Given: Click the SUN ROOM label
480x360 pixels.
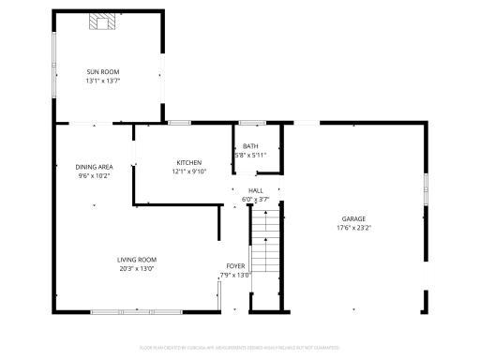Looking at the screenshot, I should [x=102, y=72].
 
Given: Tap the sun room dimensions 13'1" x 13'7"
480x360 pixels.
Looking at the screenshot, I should [x=102, y=81].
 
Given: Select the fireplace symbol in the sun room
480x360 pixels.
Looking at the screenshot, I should [x=99, y=22].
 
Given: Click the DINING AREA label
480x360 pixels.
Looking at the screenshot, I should [x=94, y=167].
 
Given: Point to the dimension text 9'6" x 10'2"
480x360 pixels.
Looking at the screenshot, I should [x=94, y=175].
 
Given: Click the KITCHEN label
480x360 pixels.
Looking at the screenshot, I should [x=188, y=162].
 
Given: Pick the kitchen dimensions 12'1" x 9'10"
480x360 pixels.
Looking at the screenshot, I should [x=188, y=171].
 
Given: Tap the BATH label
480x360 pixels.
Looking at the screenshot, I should [x=250, y=146].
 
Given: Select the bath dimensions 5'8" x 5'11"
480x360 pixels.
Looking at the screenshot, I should [x=250, y=155].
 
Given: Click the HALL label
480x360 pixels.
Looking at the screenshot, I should [x=256, y=190].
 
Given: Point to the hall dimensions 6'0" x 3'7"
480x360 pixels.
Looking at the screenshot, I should [x=256, y=199].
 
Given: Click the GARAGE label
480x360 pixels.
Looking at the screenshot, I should [x=353, y=218].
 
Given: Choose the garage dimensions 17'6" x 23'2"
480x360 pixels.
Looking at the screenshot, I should [x=353, y=227].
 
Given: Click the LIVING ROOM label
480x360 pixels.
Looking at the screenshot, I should [x=137, y=260].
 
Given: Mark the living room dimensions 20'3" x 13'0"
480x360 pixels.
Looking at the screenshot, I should [x=137, y=268].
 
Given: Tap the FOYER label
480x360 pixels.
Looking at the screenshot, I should [x=235, y=266].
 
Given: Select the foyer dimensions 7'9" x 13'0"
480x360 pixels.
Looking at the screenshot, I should [x=235, y=275].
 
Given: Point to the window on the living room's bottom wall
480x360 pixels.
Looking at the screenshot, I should [x=137, y=310].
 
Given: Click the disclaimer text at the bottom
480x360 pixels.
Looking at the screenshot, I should [x=240, y=347].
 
